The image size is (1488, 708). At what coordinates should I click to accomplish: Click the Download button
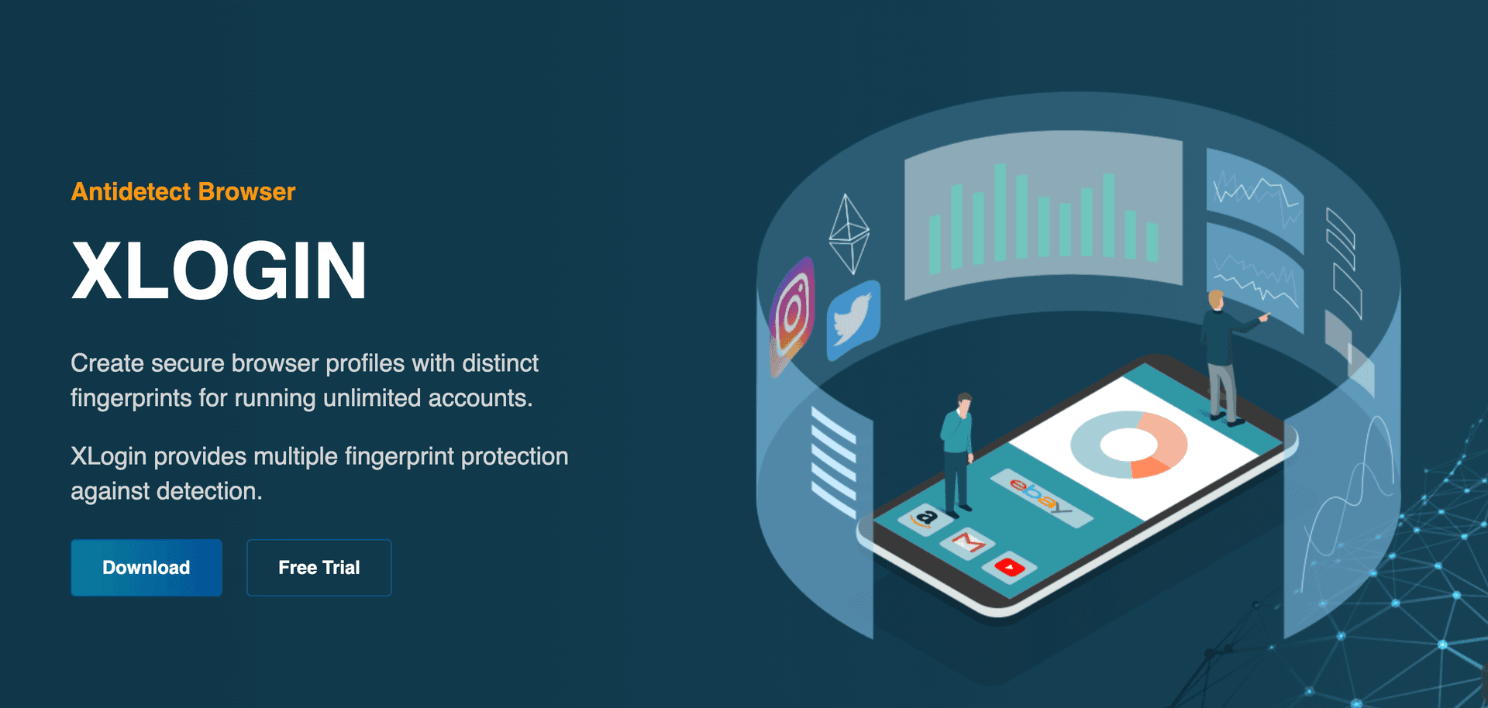[x=146, y=568]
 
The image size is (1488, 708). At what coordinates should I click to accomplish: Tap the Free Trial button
[x=319, y=568]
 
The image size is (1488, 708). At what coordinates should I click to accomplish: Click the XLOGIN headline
[x=219, y=270]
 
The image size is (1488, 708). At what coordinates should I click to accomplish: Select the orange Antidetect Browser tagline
[x=184, y=191]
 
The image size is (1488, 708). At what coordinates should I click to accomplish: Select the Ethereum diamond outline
[x=849, y=233]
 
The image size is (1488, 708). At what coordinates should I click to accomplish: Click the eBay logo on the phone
[x=1041, y=497]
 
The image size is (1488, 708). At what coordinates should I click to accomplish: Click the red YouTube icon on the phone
[x=1010, y=568]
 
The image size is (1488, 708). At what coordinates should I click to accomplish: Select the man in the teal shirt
[x=958, y=452]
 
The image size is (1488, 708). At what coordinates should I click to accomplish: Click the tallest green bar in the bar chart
[x=1001, y=212]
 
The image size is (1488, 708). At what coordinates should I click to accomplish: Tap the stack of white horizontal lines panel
[x=834, y=462]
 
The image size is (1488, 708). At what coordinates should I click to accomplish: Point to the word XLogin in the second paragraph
[x=108, y=456]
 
